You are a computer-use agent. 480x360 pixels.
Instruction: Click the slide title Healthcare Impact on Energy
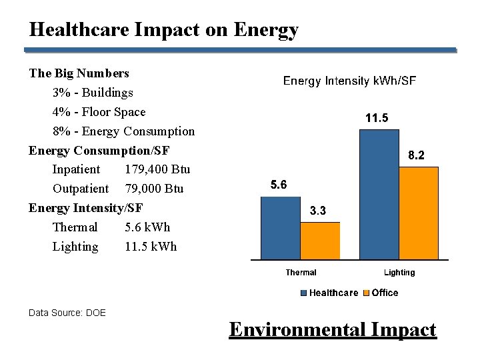click(x=163, y=30)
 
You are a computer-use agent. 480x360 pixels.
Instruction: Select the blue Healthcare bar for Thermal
click(x=280, y=227)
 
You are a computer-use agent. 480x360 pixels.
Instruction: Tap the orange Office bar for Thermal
click(x=320, y=240)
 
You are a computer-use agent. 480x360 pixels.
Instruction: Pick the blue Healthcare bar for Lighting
click(x=379, y=194)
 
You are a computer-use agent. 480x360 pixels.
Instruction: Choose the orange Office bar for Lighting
click(x=419, y=213)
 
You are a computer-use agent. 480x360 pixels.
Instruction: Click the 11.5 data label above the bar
click(x=377, y=118)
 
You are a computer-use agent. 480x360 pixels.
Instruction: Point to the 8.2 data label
click(x=416, y=155)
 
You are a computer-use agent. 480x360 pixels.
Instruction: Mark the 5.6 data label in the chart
click(x=279, y=185)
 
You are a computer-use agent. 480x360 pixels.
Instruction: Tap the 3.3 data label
click(x=318, y=211)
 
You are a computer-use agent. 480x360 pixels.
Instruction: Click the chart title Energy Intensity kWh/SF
click(x=350, y=81)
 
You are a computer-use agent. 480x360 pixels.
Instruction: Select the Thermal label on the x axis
click(x=301, y=272)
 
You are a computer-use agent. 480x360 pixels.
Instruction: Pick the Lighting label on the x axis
click(x=399, y=272)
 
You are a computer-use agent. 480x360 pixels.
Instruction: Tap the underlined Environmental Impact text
click(x=333, y=329)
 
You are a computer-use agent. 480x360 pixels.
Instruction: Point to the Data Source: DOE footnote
click(x=67, y=312)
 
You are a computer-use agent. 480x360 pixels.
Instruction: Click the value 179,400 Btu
click(x=157, y=169)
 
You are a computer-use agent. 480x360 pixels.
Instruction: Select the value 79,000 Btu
click(x=154, y=189)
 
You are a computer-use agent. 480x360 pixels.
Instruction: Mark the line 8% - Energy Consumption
click(x=123, y=131)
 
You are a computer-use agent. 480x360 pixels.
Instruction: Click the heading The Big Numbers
click(x=79, y=73)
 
